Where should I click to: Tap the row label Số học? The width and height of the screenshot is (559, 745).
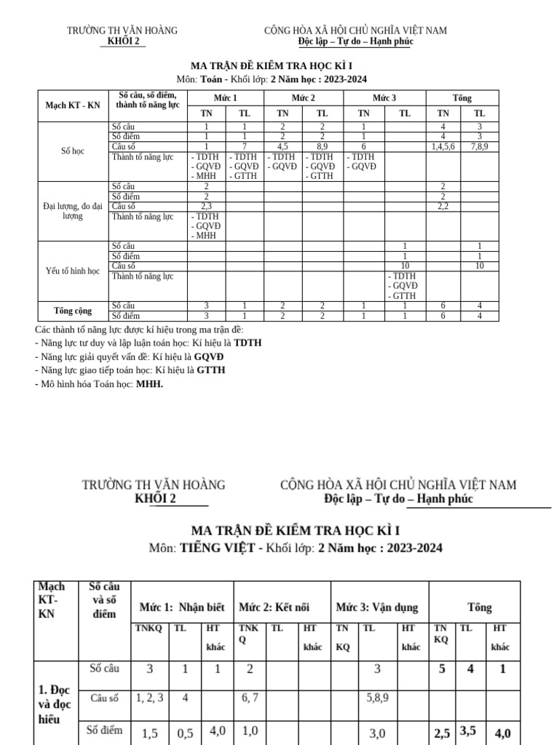coord(73,151)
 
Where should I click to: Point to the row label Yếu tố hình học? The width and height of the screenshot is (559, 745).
coord(73,271)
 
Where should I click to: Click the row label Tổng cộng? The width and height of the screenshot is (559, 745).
coord(73,311)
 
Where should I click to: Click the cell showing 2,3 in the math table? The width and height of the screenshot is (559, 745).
coord(206,206)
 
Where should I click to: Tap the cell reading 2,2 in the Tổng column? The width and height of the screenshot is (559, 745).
coord(443,206)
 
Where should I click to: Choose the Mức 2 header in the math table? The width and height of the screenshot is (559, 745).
coord(304,97)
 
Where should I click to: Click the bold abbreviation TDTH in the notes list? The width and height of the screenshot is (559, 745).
coord(247,342)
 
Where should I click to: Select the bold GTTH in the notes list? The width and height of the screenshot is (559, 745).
coord(210,370)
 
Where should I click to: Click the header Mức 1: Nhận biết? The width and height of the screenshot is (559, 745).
coord(182,607)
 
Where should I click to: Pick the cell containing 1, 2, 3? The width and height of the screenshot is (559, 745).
coord(149,697)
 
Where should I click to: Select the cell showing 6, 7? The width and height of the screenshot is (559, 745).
coord(250,697)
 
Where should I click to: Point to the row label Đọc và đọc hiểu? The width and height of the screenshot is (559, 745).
coord(55,701)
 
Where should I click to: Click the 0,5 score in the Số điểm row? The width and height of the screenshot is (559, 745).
coord(186,733)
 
